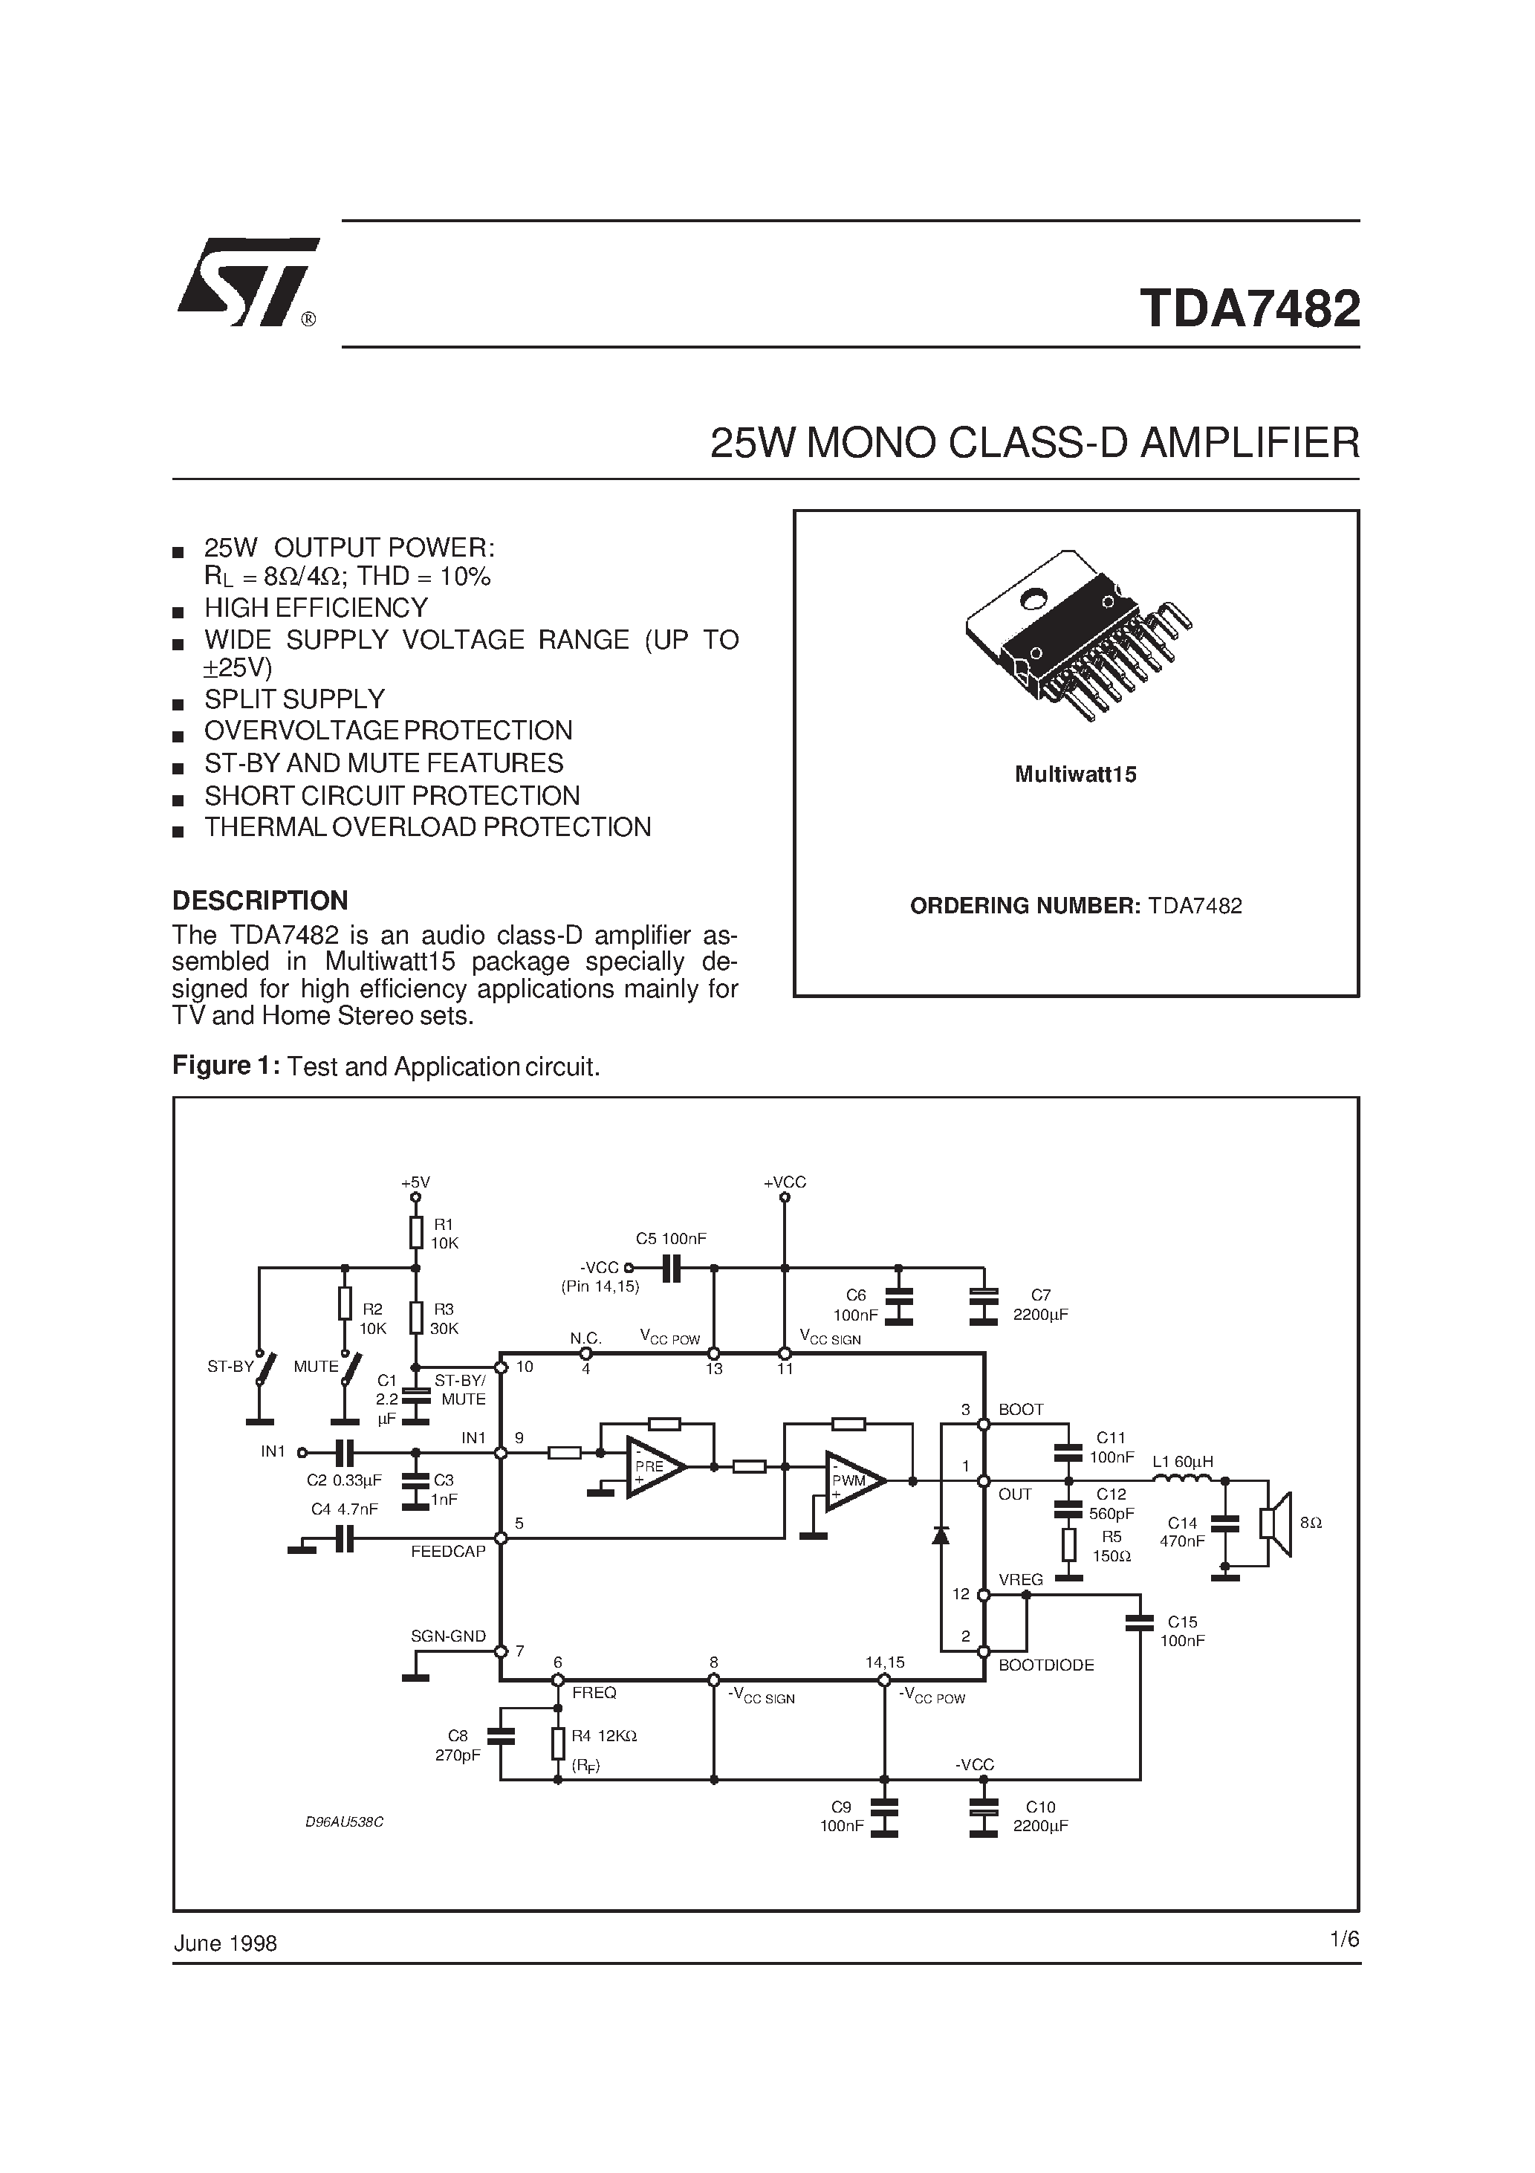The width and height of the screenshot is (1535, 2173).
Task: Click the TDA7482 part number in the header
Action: pos(1249,309)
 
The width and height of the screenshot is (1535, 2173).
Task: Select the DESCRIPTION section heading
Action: pos(260,900)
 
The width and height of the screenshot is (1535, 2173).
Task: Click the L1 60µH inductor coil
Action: pos(1182,1480)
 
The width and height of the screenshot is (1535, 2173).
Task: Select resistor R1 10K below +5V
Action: pos(415,1233)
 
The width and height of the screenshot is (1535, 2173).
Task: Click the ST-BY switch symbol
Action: pos(266,1367)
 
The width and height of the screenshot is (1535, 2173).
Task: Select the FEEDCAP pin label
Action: pos(447,1551)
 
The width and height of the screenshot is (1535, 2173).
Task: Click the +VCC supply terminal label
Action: pos(785,1182)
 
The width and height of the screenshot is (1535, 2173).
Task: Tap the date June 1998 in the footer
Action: pos(225,1943)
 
